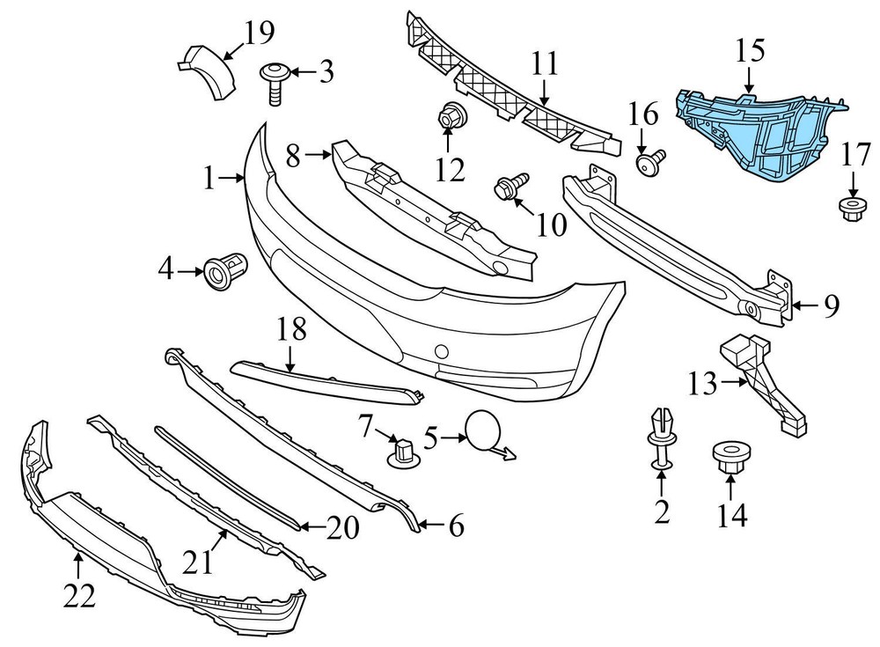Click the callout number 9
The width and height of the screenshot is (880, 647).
[x=831, y=306]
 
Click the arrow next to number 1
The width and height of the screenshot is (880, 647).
[x=235, y=179]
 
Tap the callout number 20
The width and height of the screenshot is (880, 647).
[x=343, y=528]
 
